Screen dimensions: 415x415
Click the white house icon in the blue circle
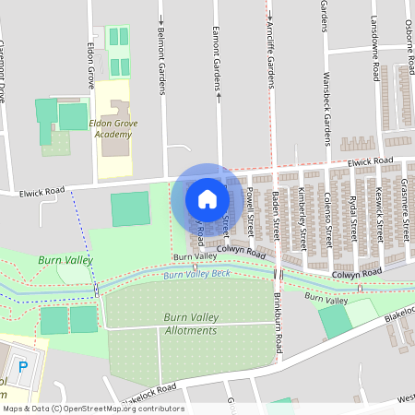(x=207, y=197)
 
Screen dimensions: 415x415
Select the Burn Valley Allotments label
(x=191, y=324)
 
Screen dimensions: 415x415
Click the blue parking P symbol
(x=24, y=366)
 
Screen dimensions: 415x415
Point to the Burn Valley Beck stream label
(x=196, y=275)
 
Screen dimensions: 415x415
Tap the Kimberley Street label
(x=302, y=217)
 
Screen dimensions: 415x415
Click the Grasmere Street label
(x=405, y=207)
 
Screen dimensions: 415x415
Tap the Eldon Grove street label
(x=90, y=64)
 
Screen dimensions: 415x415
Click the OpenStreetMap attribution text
(x=92, y=409)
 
